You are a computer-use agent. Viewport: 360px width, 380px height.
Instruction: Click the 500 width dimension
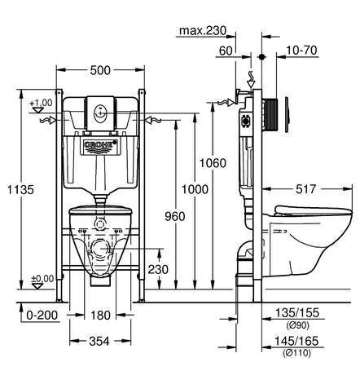tap(100, 70)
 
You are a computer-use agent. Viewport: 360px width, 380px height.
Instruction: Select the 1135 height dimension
tap(20, 189)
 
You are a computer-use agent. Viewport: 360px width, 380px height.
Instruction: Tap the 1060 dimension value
tap(213, 163)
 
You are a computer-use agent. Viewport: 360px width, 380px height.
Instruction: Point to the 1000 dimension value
tap(195, 189)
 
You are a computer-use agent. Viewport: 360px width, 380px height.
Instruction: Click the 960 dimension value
tap(175, 216)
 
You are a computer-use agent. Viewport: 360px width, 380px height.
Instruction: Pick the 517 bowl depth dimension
tap(305, 189)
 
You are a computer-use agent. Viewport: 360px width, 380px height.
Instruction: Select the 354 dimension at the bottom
tap(99, 341)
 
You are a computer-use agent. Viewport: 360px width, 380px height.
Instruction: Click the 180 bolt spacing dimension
tap(100, 316)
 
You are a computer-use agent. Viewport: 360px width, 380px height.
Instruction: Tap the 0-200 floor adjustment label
tap(42, 316)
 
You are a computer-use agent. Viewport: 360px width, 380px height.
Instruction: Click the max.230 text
tap(203, 30)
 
